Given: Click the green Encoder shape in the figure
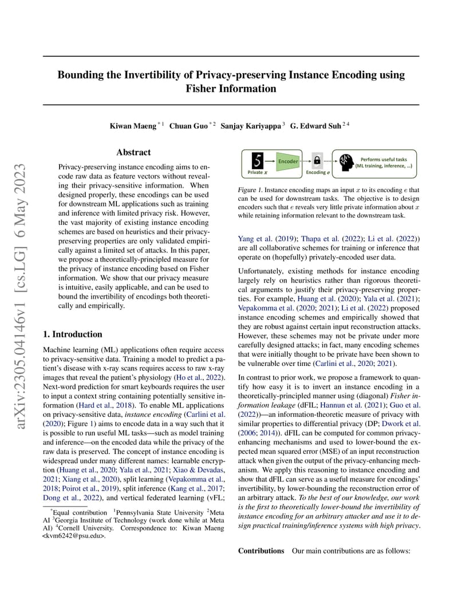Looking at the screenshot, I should (x=287, y=161).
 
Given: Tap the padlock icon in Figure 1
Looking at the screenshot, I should (x=317, y=161).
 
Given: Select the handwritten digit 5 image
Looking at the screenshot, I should (x=258, y=160).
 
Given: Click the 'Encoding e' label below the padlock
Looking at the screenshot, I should (x=317, y=172).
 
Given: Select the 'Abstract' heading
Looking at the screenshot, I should (x=133, y=152).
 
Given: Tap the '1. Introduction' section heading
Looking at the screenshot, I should (x=73, y=334).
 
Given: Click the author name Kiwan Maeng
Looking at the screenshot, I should (x=133, y=125).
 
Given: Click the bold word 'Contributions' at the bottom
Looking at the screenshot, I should (x=261, y=551).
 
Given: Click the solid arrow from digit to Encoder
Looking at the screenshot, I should (x=270, y=161).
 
